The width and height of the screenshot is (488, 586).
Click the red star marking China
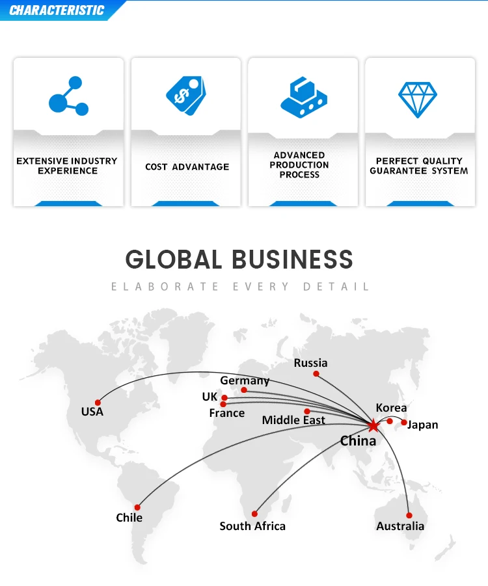point(373,425)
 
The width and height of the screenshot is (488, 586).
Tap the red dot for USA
point(98,403)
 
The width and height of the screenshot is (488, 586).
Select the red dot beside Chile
point(137,507)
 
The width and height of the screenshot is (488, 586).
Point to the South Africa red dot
point(255,514)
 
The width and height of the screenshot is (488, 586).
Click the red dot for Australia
point(409,515)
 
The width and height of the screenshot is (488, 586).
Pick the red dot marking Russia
point(316,374)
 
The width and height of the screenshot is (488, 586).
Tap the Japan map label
point(423,425)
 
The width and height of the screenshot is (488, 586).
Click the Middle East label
point(293,420)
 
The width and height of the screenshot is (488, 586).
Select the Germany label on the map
point(245,380)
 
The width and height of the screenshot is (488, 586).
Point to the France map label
point(227,413)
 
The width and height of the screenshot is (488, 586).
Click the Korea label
point(391,408)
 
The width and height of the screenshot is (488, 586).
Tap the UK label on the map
point(210,397)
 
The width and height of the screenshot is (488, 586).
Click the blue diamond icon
point(418,100)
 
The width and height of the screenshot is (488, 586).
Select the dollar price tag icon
point(185,96)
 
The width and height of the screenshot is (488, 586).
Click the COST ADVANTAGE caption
point(187,167)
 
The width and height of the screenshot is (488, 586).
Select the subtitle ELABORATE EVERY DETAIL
point(240,286)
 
